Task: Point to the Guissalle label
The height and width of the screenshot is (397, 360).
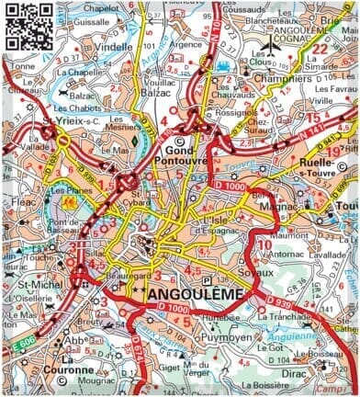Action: click(x=92, y=21)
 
